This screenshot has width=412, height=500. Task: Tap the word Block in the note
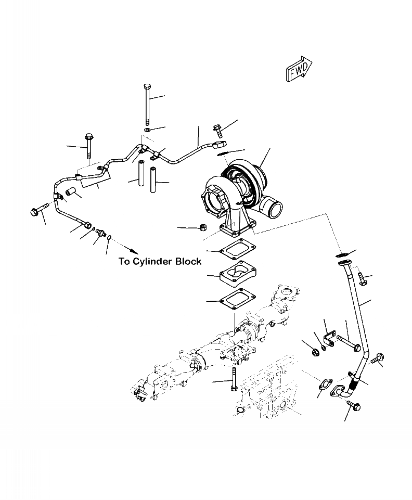coord(188,262)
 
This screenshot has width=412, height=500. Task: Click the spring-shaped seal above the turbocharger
coord(221,152)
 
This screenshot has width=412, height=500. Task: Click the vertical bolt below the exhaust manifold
coord(234,380)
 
